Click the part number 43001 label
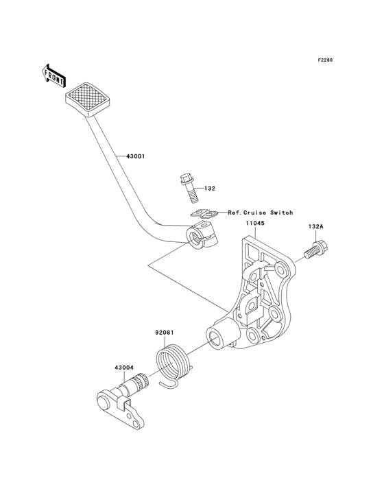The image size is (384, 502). (x=135, y=156)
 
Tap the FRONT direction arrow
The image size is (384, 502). (x=53, y=75)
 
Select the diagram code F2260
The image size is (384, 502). (x=325, y=60)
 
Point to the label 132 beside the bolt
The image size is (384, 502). (x=210, y=188)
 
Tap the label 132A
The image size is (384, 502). (x=316, y=227)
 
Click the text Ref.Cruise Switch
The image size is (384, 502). (x=260, y=213)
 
